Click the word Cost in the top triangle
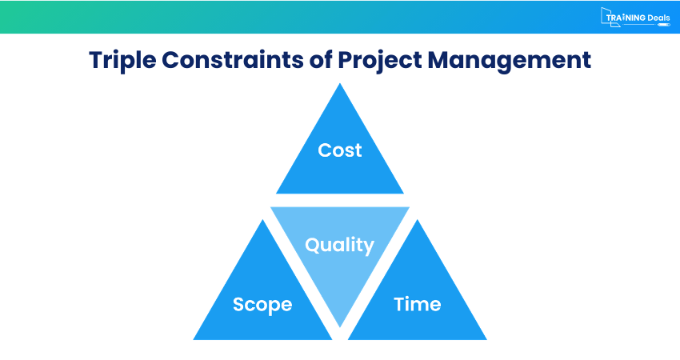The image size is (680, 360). click(340, 150)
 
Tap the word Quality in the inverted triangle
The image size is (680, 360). click(340, 245)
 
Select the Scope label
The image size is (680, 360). click(262, 305)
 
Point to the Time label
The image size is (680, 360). click(418, 304)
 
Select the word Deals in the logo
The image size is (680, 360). click(655, 16)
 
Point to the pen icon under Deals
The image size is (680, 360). click(663, 25)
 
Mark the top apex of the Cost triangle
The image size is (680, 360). click(340, 85)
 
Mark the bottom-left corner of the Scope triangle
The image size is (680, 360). click(194, 339)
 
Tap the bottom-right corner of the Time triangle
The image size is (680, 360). click(486, 339)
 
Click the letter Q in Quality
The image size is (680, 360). click(314, 244)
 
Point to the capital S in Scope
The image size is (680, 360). click(238, 305)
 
